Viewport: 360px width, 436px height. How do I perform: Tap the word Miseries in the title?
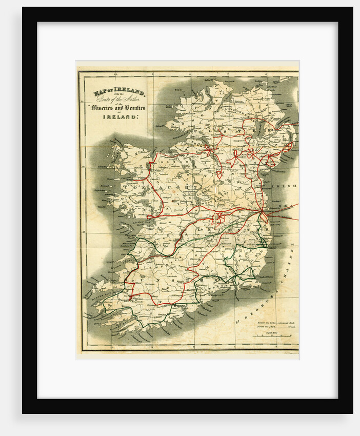coord(109,108)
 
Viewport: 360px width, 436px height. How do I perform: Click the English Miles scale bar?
coord(275,337)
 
